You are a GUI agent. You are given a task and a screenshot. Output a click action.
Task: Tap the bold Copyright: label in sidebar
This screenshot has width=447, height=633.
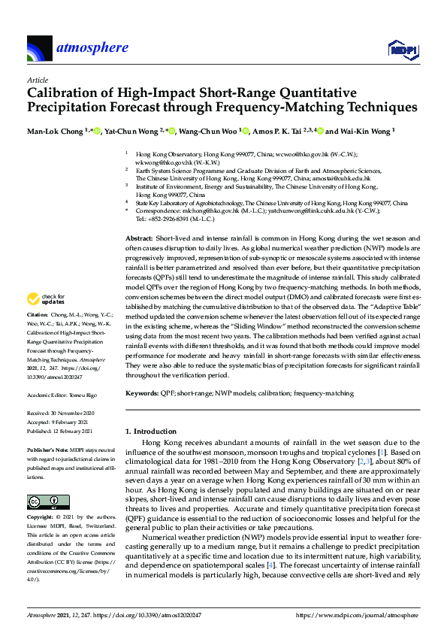tap(40, 519)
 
